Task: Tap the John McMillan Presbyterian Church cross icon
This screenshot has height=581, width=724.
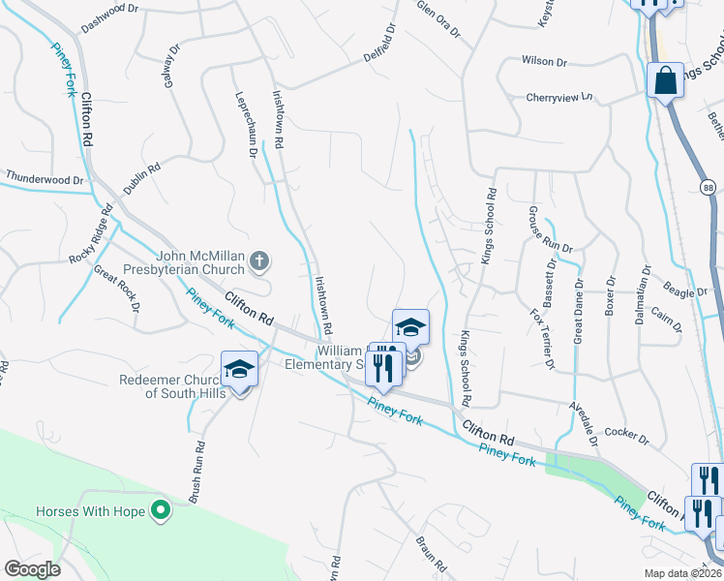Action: click(258, 260)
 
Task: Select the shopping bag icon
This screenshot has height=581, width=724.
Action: click(667, 81)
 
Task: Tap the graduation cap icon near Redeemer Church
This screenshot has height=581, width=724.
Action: click(239, 369)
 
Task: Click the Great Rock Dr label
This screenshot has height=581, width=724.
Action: click(122, 289)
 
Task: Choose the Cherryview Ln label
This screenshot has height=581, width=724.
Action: click(558, 97)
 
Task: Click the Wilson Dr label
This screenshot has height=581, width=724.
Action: click(544, 60)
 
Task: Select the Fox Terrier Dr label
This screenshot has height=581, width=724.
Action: click(542, 339)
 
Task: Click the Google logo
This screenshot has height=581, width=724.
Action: click(33, 568)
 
